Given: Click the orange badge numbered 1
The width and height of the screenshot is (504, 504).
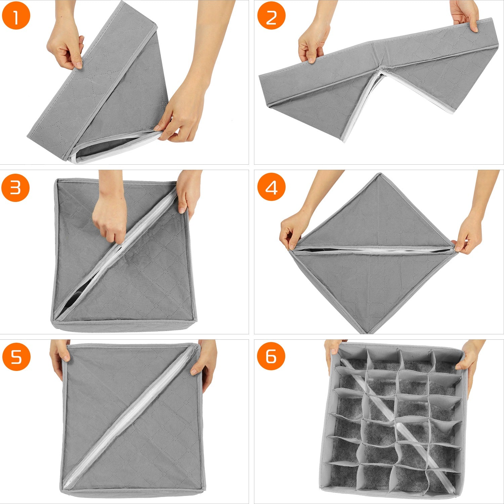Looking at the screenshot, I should point(16,15).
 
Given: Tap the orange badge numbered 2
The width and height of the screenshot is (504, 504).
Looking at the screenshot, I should point(271,15).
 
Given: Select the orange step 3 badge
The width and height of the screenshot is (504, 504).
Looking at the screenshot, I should point(16,187).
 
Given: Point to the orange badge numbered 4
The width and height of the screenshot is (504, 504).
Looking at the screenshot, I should point(271,187).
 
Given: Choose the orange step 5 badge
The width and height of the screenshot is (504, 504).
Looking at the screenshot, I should point(16,357).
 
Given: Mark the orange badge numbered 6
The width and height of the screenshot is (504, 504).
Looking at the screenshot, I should point(271,357).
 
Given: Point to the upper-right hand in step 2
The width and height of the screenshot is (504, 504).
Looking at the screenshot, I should point(465,15).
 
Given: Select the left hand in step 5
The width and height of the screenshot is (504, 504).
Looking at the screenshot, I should point(60,356).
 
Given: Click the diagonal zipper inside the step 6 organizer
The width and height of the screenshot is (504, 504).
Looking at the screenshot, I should point(396,423).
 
